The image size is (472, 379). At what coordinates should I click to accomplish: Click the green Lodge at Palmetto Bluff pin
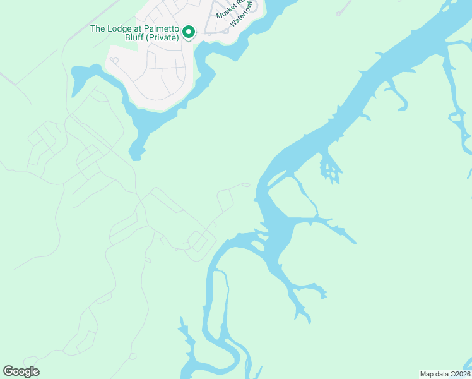pyautogui.click(x=188, y=32)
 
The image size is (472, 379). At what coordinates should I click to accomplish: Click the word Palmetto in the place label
pyautogui.click(x=162, y=28)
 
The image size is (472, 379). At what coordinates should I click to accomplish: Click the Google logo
pyautogui.click(x=21, y=371)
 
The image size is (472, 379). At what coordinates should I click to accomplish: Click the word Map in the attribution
pyautogui.click(x=427, y=374)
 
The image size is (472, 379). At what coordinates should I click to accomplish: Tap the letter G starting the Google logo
pyautogui.click(x=8, y=371)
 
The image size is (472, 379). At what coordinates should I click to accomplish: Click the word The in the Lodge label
pyautogui.click(x=98, y=28)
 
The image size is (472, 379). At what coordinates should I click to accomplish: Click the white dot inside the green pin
pyautogui.click(x=188, y=30)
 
